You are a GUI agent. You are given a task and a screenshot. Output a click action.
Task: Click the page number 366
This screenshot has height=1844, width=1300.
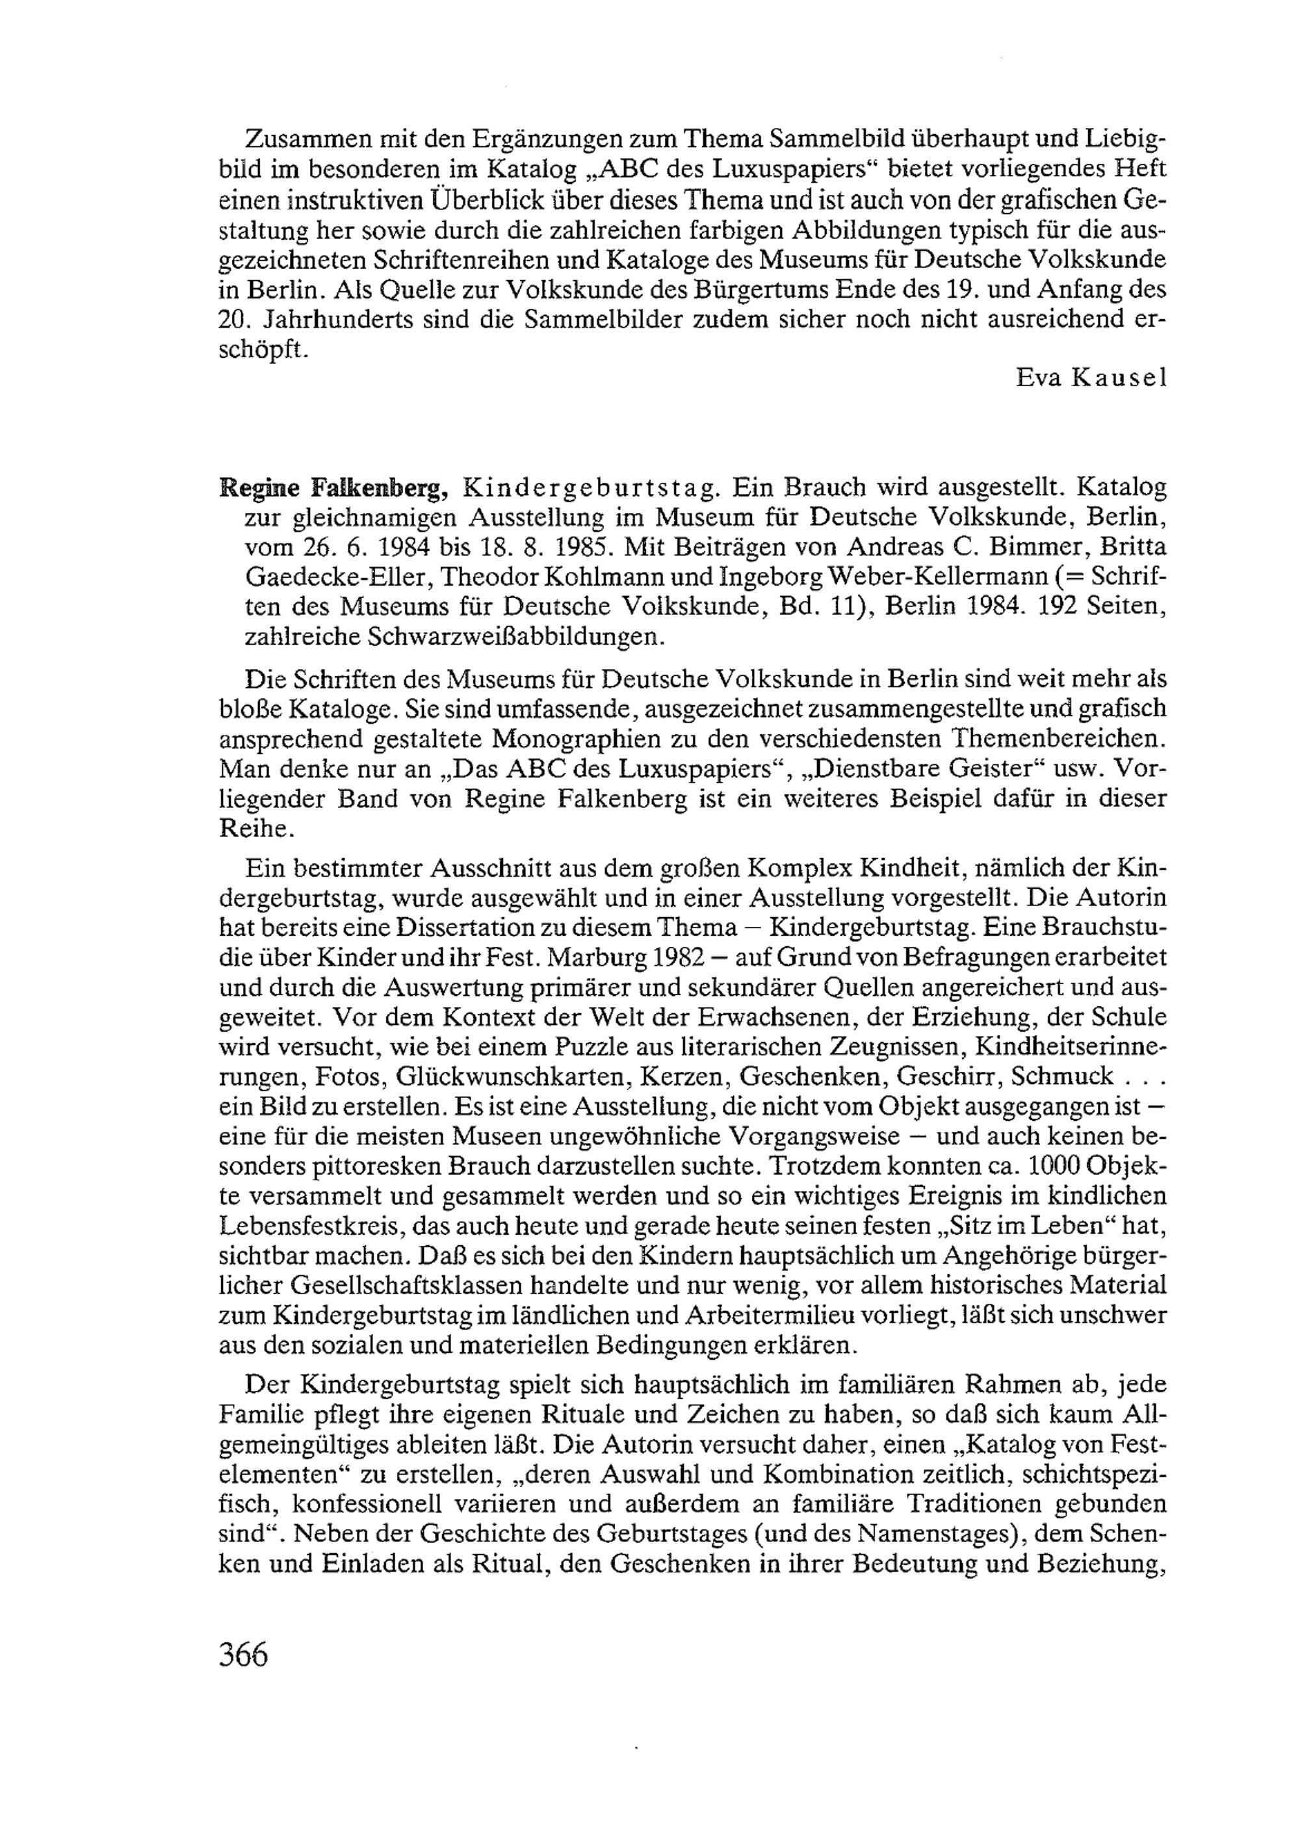242,1654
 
